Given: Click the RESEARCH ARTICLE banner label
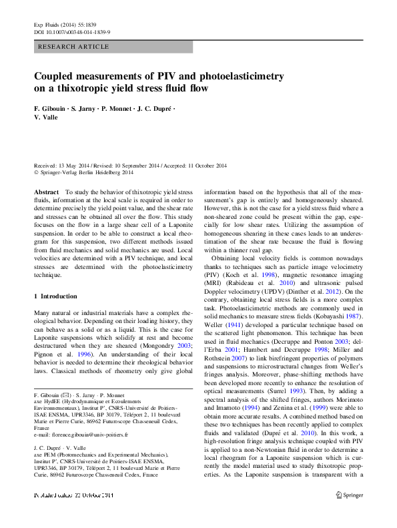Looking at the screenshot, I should pos(74,47).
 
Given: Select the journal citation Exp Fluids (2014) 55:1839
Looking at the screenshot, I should pos(63,23).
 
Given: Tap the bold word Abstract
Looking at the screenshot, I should pos(46,192).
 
